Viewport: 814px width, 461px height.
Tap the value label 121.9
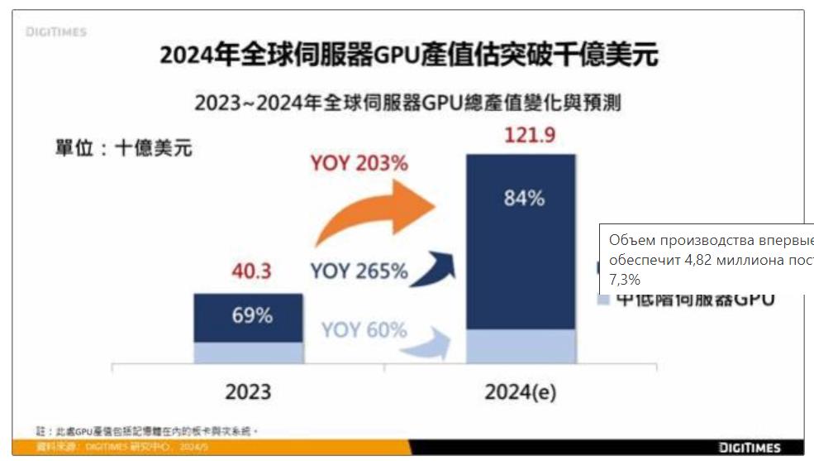tap(530, 135)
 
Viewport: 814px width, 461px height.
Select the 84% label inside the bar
tap(524, 199)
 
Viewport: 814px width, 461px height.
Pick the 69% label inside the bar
tap(252, 316)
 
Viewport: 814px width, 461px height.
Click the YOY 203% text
tap(359, 164)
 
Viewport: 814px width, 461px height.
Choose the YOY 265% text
tap(359, 271)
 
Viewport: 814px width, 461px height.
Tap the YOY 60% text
tap(364, 330)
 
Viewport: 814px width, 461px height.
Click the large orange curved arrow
tap(376, 211)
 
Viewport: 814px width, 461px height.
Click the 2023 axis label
tap(248, 391)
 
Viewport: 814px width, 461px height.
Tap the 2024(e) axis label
tap(520, 391)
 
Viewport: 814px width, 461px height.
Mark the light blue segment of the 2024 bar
tap(520, 346)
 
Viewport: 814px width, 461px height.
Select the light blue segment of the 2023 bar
tap(248, 353)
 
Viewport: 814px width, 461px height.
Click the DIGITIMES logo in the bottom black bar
tap(750, 448)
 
